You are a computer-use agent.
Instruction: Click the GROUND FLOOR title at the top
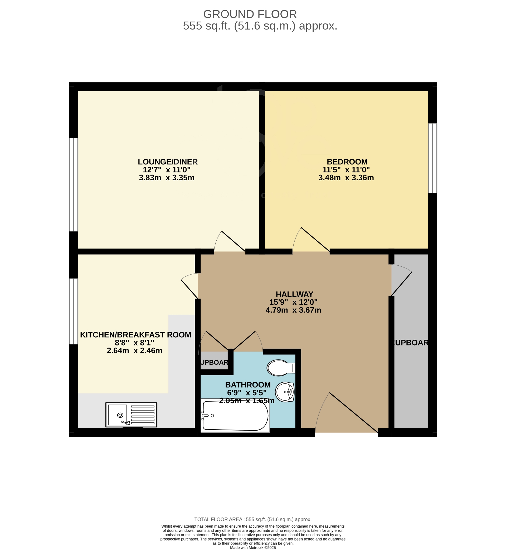coord(250,14)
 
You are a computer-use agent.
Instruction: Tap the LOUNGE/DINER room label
coord(168,162)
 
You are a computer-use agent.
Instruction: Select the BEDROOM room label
coord(347,162)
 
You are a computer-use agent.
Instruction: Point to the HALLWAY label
coord(294,294)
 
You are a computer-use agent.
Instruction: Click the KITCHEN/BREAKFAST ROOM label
coord(135,335)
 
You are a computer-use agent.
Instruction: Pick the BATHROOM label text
coord(248,385)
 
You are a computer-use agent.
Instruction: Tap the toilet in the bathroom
coord(280,368)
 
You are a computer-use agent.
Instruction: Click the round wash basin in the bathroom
coord(285,392)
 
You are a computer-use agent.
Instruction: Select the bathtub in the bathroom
coord(235,416)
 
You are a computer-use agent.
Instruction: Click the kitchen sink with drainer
coord(131,415)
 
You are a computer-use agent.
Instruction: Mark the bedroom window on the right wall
coord(432,158)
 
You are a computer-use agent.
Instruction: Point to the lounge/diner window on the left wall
coord(74,185)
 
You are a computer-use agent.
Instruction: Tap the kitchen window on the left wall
coord(74,311)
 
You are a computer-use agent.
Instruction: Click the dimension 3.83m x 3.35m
coord(167,178)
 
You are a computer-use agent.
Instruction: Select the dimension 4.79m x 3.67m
coord(293,310)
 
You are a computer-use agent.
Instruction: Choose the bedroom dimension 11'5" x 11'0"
coord(346,170)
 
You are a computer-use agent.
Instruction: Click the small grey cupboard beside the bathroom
coord(214,362)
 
